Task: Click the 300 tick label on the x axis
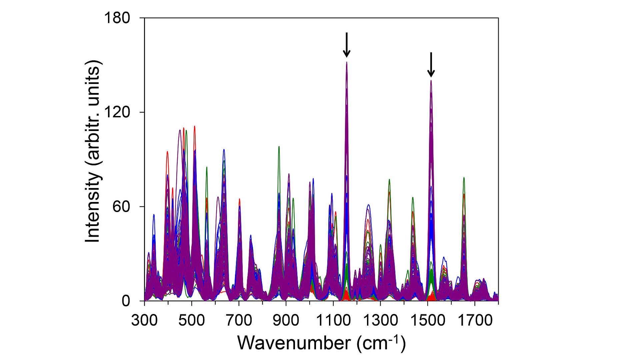(144, 320)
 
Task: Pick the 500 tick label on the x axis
(191, 320)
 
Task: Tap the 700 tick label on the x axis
(239, 320)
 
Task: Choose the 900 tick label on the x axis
(286, 320)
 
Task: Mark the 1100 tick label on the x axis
(333, 320)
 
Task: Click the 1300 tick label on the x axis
(380, 320)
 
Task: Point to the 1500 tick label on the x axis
(428, 320)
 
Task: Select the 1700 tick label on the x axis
(475, 320)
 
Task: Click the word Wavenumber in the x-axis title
(294, 343)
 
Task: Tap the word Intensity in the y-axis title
(93, 208)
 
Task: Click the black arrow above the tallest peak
(347, 45)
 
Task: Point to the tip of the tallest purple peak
(347, 62)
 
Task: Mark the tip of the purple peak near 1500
(431, 80)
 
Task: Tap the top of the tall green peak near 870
(279, 147)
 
